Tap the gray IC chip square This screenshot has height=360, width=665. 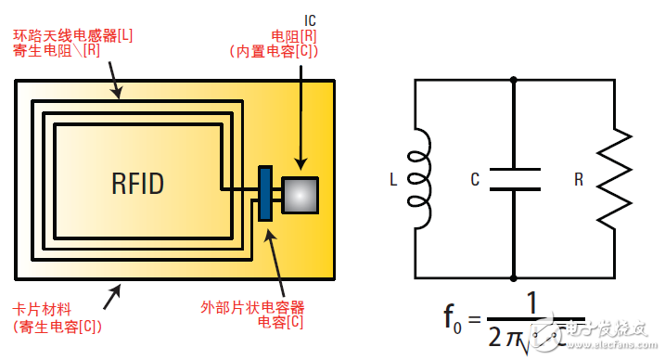(x=300, y=194)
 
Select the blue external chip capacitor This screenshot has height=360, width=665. (x=264, y=193)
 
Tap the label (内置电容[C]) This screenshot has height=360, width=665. (x=274, y=52)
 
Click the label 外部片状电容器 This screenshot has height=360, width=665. (x=252, y=306)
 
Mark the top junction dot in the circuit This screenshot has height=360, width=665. (x=513, y=80)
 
